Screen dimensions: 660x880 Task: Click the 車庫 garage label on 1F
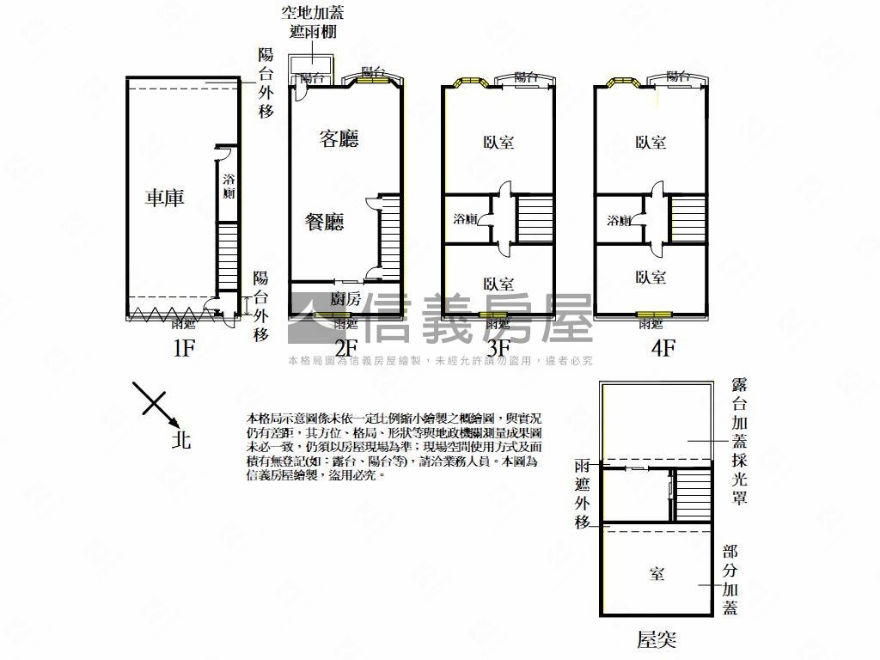(x=164, y=199)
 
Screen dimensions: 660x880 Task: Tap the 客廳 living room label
(x=338, y=139)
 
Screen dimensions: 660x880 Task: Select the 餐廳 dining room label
(x=325, y=223)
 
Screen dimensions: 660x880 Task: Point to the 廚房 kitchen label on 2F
(x=345, y=299)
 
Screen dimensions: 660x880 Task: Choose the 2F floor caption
(x=345, y=348)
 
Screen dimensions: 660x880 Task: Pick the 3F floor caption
(x=498, y=348)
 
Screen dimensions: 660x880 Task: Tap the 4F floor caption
(x=663, y=348)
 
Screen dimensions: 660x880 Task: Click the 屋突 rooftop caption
(x=657, y=639)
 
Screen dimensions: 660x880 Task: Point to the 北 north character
(x=180, y=440)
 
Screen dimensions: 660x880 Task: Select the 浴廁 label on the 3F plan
(x=465, y=219)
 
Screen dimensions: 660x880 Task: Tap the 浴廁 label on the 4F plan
(x=618, y=219)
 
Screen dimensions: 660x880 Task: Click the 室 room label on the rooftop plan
(x=657, y=574)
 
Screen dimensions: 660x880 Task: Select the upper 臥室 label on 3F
(x=498, y=142)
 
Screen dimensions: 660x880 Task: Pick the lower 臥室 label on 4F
(x=651, y=278)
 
